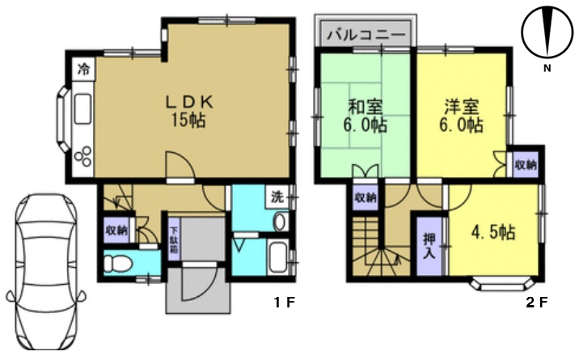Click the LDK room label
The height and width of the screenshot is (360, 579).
click(188, 102)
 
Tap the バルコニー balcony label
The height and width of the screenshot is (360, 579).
click(366, 35)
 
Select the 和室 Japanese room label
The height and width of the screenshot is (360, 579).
click(366, 108)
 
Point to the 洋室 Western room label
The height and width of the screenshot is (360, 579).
click(462, 107)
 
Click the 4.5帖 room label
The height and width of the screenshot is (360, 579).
click(493, 233)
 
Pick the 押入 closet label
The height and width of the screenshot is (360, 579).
click(429, 246)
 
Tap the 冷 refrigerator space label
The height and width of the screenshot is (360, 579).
click(84, 69)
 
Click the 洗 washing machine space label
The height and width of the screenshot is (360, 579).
click(277, 197)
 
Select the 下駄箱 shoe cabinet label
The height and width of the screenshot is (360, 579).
click(174, 239)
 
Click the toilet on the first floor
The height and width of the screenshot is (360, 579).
click(117, 264)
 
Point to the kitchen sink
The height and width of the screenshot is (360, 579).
click(82, 109)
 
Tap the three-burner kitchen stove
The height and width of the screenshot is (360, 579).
click(83, 157)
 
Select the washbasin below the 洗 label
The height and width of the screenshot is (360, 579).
click(280, 222)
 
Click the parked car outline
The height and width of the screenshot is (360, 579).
click(47, 271)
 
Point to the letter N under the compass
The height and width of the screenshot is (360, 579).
click(547, 68)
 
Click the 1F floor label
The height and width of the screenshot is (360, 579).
click(285, 303)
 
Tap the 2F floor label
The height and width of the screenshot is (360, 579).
click(536, 303)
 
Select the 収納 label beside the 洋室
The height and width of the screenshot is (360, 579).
click(526, 165)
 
